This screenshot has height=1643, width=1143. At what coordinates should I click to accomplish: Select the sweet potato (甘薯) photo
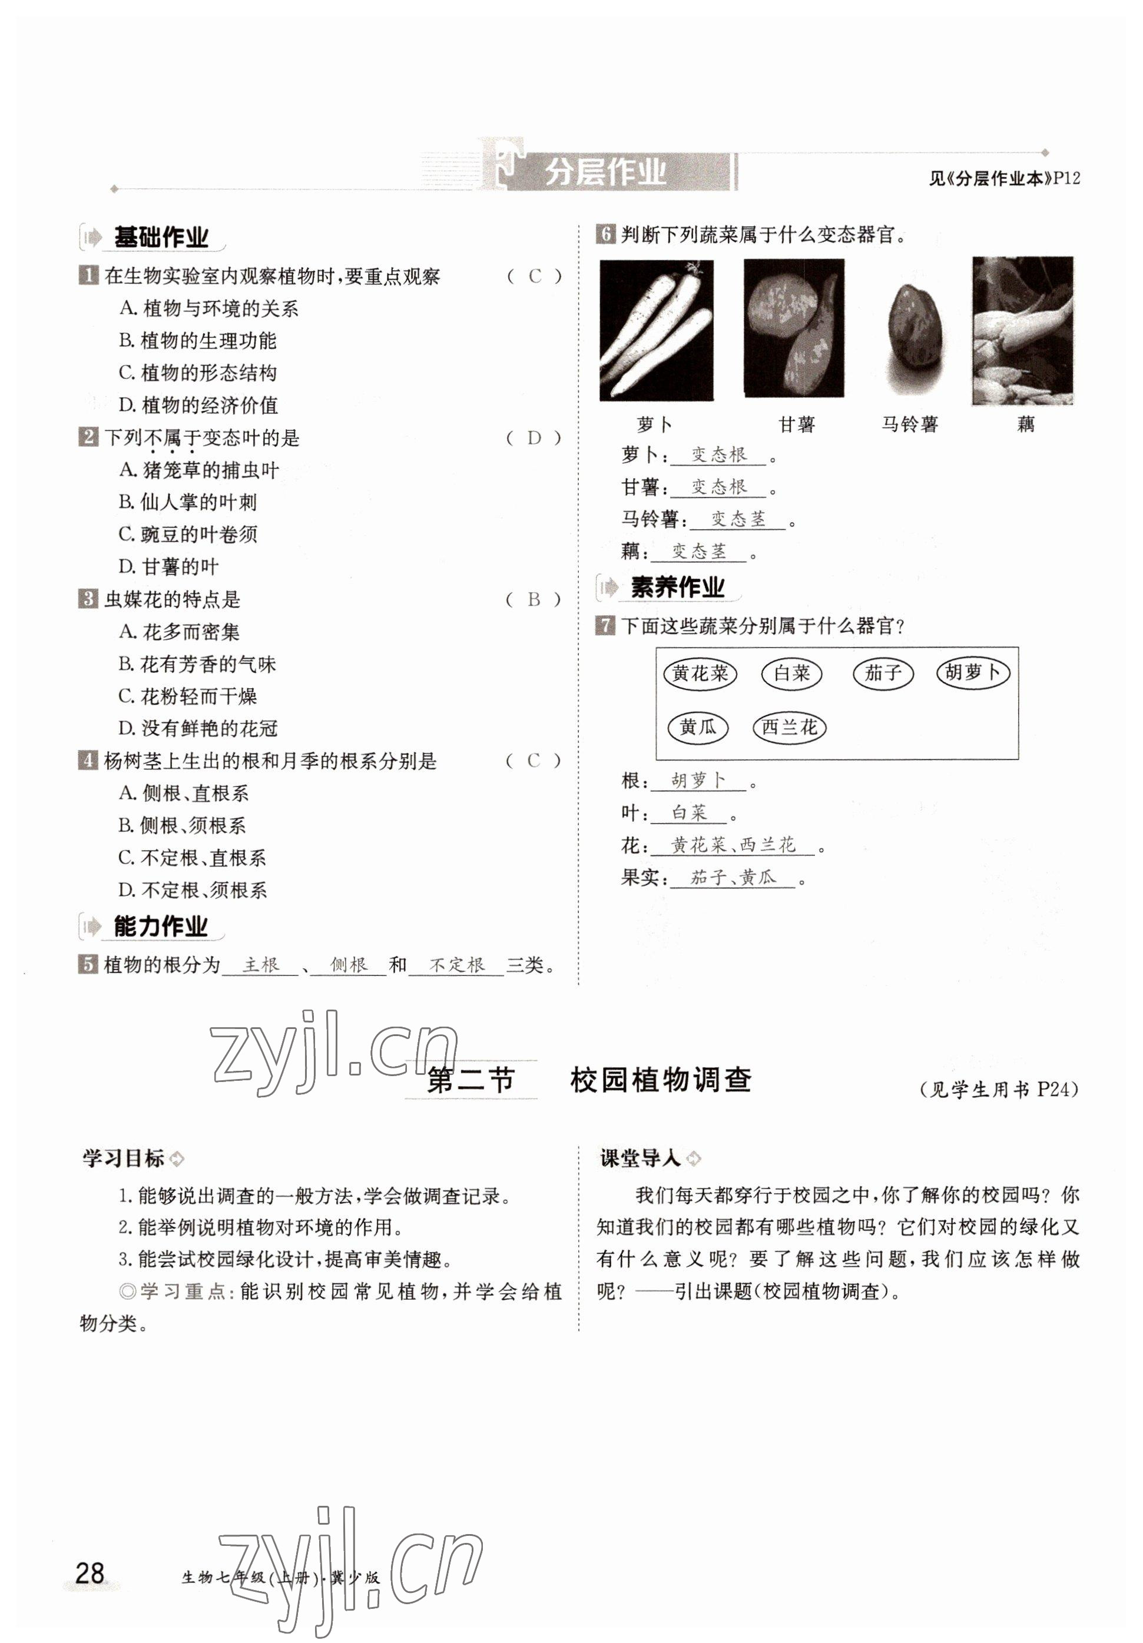coord(793,328)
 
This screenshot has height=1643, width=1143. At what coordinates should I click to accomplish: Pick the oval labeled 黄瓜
coord(697,728)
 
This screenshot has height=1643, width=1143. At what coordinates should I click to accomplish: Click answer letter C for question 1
coord(535,276)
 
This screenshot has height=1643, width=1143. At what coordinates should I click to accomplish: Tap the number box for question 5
coord(87,965)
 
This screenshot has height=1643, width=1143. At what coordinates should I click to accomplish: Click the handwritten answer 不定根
coord(456,965)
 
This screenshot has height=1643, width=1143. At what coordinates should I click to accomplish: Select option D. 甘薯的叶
coord(169,567)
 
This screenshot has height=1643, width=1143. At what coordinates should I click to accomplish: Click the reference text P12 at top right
coord(1066,179)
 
